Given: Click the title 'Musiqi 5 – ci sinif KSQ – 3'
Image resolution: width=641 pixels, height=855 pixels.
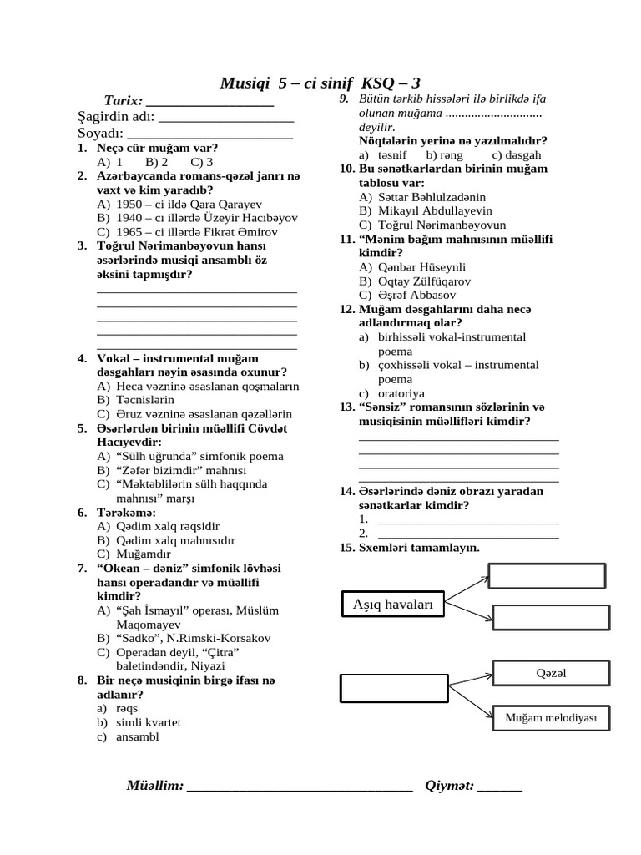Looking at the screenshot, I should tap(320, 83).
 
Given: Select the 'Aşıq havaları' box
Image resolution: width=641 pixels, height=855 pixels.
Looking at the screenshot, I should tap(393, 605).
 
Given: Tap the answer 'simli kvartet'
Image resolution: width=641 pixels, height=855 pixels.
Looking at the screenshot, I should tap(149, 722).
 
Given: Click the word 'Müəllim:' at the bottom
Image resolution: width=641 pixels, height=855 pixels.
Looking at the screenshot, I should tap(154, 786).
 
